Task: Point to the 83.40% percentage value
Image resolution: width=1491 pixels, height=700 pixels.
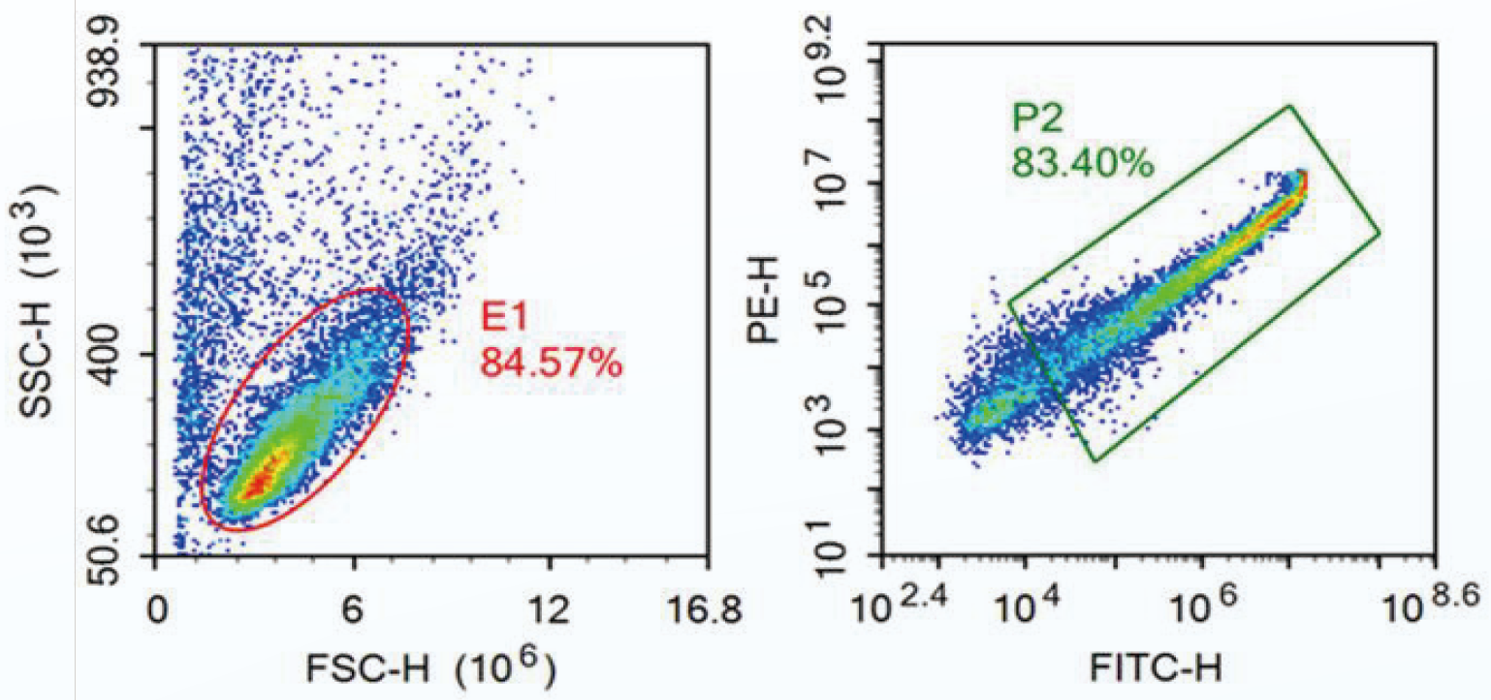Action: point(1083,161)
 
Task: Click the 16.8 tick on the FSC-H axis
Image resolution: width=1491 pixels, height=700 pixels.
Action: point(710,612)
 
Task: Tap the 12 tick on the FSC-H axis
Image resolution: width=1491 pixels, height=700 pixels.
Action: point(549,612)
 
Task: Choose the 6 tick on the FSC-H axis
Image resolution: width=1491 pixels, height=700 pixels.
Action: point(353,612)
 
